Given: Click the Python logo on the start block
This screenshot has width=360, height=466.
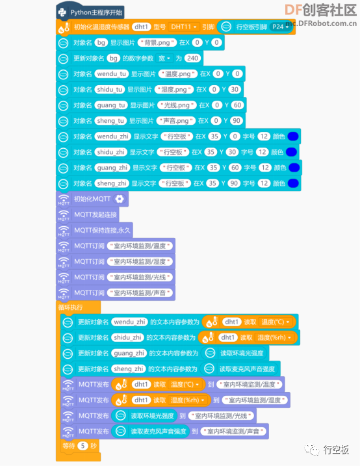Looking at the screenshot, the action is [x=62, y=12].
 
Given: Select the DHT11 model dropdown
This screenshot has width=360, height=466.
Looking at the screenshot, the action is [x=183, y=27].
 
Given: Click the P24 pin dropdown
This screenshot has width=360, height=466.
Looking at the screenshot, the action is [x=280, y=27].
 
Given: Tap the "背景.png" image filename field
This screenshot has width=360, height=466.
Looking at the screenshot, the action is [x=157, y=42].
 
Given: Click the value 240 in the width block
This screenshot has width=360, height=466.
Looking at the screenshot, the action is [x=192, y=58].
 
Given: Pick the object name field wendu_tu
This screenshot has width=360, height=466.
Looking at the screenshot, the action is [x=111, y=73].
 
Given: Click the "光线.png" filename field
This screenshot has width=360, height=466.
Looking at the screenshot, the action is [x=177, y=105].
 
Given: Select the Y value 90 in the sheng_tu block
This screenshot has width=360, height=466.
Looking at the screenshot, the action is [x=236, y=121].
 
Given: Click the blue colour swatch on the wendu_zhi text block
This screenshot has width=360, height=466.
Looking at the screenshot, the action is [x=293, y=136].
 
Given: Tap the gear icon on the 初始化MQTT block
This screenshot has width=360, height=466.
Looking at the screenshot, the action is [x=120, y=199].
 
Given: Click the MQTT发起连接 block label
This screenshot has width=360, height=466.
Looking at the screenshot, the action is [x=96, y=214].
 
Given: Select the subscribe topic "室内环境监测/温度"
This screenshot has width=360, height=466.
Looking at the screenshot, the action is [x=140, y=246].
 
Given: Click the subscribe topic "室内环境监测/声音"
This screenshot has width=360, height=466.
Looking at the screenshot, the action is [x=140, y=292].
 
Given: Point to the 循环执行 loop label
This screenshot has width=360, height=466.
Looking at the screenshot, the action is [x=70, y=307].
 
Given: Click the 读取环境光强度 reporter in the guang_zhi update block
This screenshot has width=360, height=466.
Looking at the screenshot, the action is [x=235, y=353].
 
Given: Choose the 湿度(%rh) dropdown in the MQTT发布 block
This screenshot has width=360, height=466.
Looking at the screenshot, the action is [x=187, y=400].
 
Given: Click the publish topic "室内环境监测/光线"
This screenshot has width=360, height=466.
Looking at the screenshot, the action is [x=221, y=416].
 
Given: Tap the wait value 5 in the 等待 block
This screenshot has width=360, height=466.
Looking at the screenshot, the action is [x=83, y=446].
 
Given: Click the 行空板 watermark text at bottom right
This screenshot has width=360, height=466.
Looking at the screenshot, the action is [x=336, y=450].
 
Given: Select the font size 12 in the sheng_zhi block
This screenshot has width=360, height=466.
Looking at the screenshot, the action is [x=264, y=183].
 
